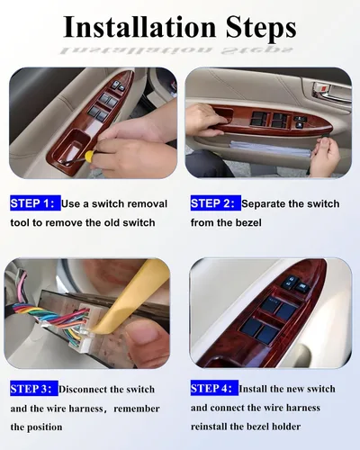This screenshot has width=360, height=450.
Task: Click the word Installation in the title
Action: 139,27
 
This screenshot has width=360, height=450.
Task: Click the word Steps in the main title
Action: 261,29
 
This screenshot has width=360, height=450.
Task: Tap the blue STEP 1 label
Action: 35,203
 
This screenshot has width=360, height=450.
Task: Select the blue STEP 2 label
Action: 216,203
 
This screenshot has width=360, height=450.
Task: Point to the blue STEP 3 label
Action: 34,389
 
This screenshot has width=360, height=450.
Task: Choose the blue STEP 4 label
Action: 214,388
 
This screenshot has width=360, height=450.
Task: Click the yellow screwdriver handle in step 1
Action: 90,156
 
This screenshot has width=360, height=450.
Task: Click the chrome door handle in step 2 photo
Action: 330,93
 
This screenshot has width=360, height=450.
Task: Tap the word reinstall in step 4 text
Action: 209,427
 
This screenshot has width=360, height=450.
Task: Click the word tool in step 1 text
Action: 19,222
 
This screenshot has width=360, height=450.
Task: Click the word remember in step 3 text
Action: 137,409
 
